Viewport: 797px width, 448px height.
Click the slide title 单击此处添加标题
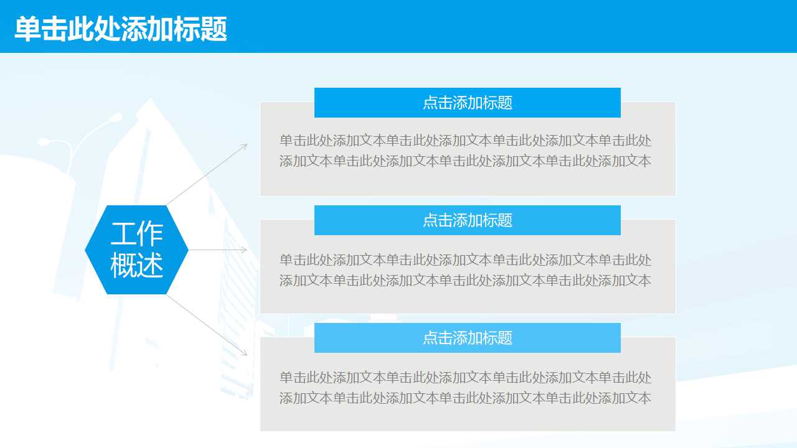click(121, 29)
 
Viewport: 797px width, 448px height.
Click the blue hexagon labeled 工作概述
click(136, 250)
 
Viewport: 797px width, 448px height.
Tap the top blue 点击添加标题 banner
click(467, 103)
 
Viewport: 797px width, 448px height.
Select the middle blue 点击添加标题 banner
click(467, 220)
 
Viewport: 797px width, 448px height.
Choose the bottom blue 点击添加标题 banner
click(467, 338)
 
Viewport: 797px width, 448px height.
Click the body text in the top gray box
click(465, 151)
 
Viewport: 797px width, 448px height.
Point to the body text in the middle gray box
click(465, 270)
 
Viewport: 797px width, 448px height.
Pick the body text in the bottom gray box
click(465, 388)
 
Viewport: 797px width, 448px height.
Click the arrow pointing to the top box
click(207, 174)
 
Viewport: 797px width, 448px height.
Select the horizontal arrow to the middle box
click(218, 250)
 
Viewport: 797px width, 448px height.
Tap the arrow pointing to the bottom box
click(207, 325)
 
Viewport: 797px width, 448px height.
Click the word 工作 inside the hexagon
click(136, 234)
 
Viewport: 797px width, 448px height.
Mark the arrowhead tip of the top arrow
click(247, 145)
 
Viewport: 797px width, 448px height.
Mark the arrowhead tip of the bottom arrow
click(247, 355)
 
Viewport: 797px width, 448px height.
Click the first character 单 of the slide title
click(27, 29)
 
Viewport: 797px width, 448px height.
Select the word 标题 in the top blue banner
click(498, 103)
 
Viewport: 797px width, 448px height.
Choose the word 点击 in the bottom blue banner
click(437, 338)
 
